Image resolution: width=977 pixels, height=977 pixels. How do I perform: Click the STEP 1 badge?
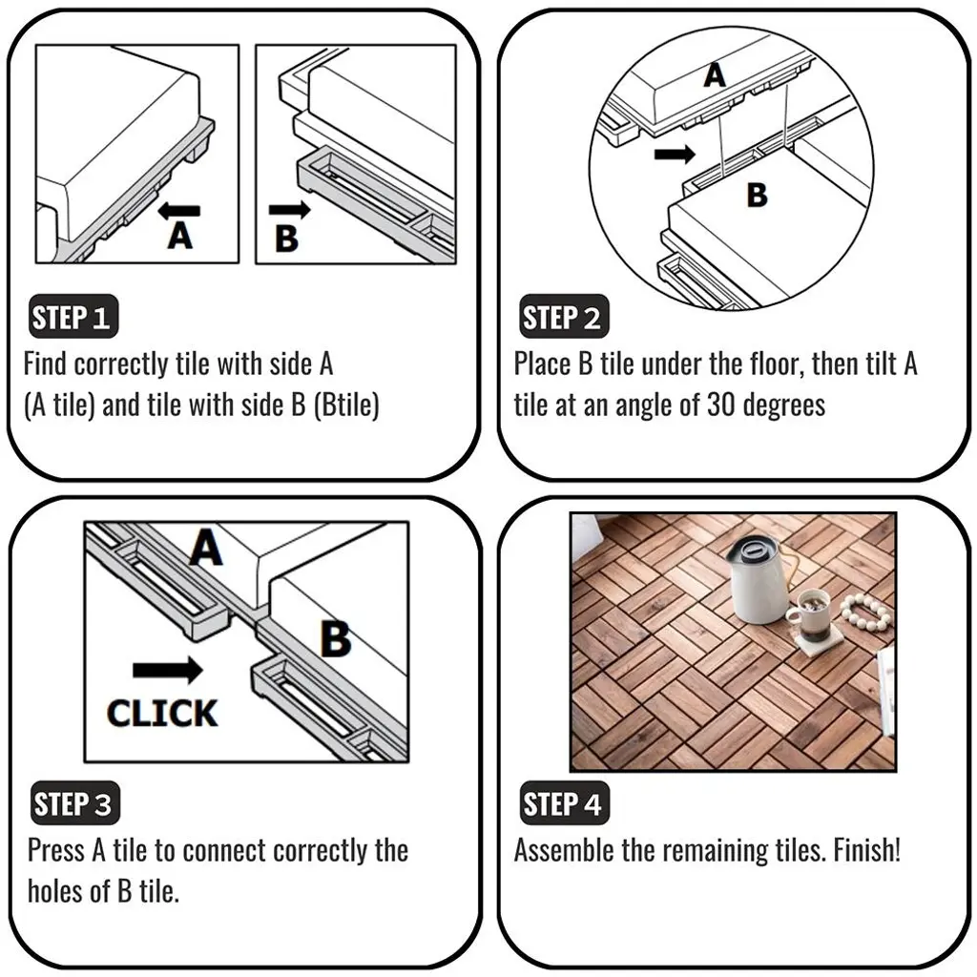click(73, 317)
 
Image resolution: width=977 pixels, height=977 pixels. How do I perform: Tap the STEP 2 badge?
click(564, 317)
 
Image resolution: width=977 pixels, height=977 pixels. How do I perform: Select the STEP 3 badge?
click(74, 802)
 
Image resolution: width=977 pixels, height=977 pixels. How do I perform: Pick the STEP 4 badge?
click(564, 802)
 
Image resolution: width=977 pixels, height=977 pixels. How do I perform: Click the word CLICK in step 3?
click(162, 714)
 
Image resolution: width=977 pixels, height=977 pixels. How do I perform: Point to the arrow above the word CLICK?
click(168, 671)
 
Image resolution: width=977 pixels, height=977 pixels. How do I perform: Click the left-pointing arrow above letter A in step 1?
click(178, 211)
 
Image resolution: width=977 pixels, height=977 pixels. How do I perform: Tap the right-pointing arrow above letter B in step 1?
click(290, 210)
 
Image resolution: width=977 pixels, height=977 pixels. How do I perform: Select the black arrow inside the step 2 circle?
click(675, 154)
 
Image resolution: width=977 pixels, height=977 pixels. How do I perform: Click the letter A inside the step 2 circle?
click(715, 76)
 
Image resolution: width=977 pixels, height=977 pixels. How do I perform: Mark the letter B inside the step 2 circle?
click(757, 195)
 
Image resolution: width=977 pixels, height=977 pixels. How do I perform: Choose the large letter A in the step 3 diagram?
click(206, 548)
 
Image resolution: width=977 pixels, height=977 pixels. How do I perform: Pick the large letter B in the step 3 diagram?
click(336, 638)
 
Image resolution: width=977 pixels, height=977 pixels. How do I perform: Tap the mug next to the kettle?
click(808, 613)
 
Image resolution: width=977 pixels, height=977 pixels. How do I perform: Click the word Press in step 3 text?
click(56, 850)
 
